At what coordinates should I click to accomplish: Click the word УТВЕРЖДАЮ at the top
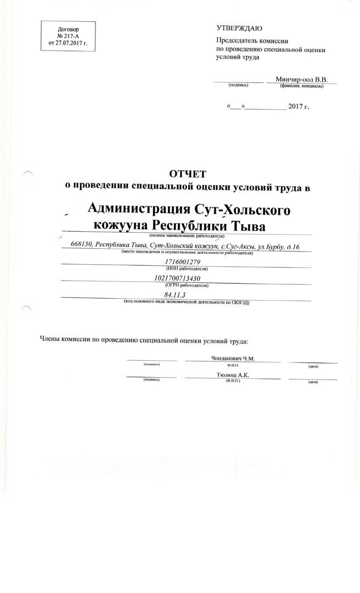pyautogui.click(x=239, y=28)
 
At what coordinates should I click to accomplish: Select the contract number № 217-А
pyautogui.click(x=68, y=35)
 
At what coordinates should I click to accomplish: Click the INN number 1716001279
pyautogui.click(x=186, y=261)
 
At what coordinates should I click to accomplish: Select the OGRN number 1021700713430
pyautogui.click(x=186, y=279)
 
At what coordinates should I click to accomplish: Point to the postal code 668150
pyautogui.click(x=82, y=245)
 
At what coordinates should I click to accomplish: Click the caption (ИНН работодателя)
pyautogui.click(x=186, y=268)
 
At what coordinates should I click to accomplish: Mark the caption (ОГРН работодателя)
pyautogui.click(x=186, y=286)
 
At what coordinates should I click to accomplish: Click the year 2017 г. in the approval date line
pyautogui.click(x=299, y=106)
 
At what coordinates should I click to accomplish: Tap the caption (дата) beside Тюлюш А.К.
pyautogui.click(x=313, y=382)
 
